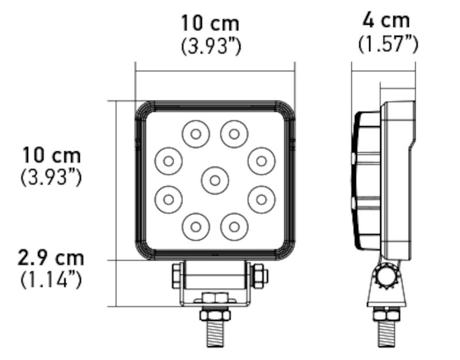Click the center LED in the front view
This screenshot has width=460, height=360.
tap(215, 180)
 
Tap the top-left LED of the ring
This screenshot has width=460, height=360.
tap(195, 135)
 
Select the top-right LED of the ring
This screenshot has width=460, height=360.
tap(234, 135)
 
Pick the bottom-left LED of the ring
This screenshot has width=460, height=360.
tap(195, 226)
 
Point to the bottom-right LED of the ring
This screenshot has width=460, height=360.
tap(234, 226)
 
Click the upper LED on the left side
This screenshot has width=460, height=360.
tap(168, 161)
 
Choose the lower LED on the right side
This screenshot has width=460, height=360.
tap(262, 199)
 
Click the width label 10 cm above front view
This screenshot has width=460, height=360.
tap(210, 24)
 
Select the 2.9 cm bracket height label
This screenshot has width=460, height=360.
tap(51, 258)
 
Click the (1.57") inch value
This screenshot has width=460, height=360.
tap(388, 44)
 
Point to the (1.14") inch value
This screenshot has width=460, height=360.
tap(51, 280)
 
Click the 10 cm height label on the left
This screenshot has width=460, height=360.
tap(52, 155)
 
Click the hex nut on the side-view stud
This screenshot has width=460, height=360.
tap(386, 315)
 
